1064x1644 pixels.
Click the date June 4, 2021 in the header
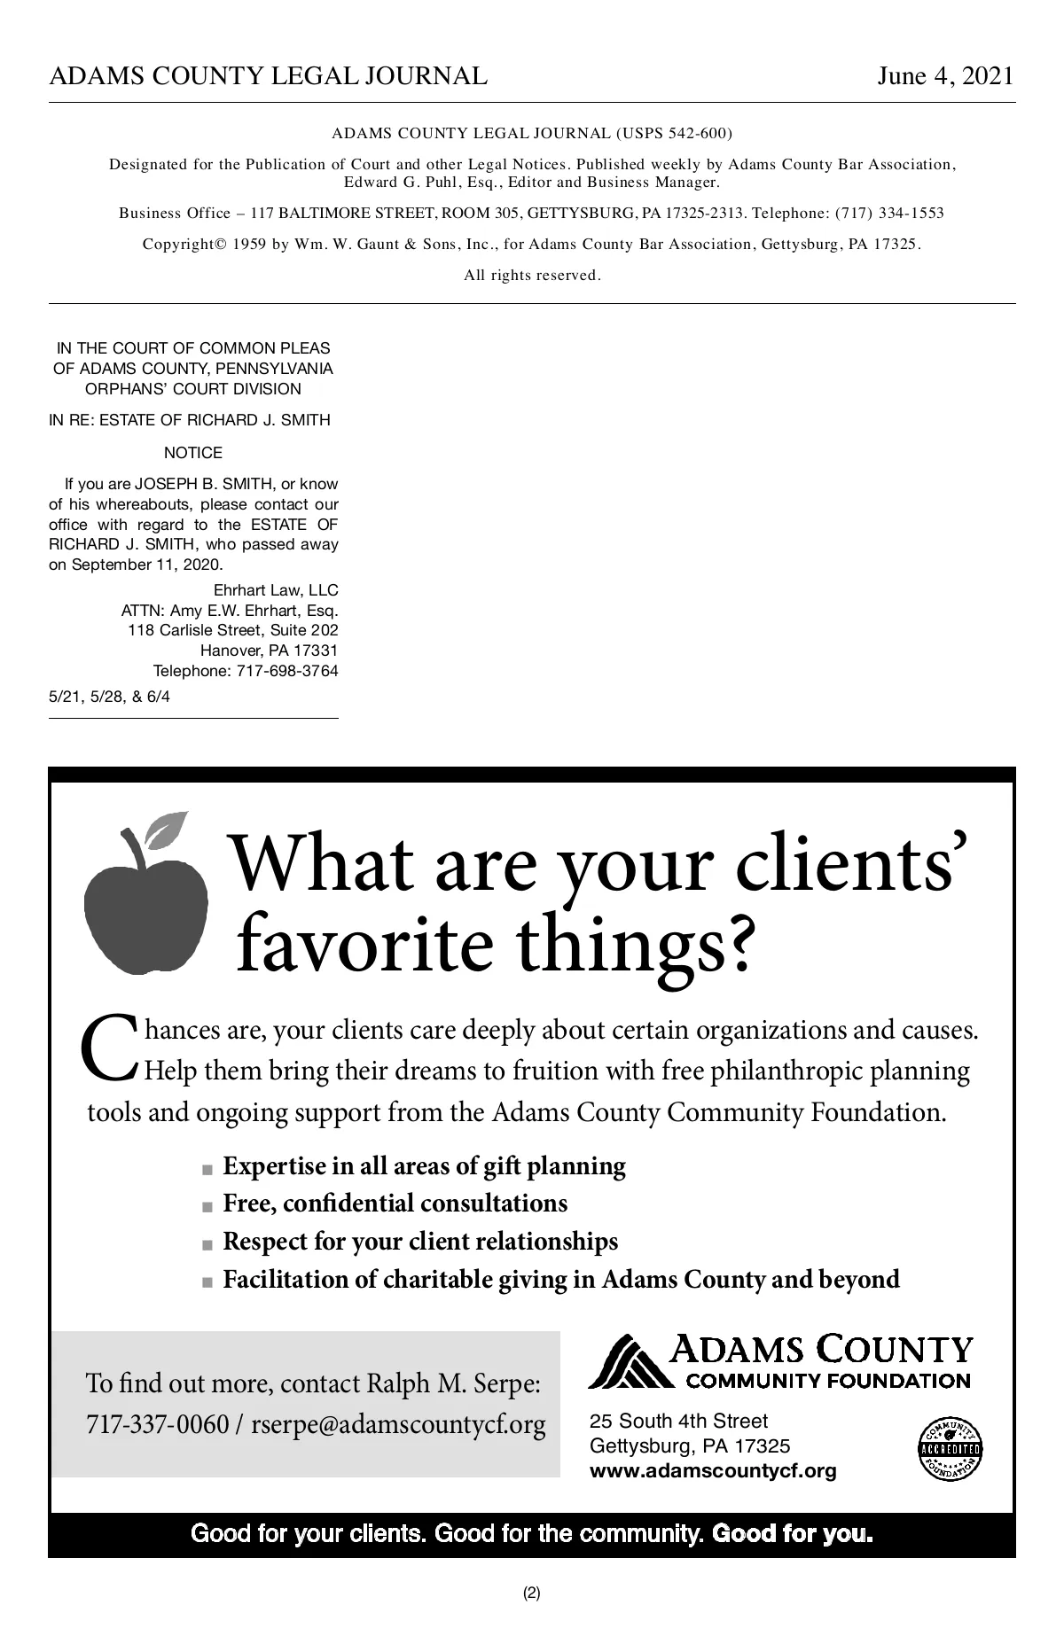point(944,76)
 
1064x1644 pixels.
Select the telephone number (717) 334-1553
point(889,213)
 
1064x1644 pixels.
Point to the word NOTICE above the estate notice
point(193,453)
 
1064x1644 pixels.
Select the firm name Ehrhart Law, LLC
point(276,590)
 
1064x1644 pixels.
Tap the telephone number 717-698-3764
point(287,671)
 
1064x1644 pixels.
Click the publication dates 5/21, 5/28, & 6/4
point(110,697)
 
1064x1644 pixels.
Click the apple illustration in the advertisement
point(145,913)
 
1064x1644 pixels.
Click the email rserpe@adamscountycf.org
point(398,1425)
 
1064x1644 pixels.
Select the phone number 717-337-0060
point(157,1425)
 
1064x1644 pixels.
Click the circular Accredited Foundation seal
point(951,1450)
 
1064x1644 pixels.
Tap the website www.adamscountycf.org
point(713,1472)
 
